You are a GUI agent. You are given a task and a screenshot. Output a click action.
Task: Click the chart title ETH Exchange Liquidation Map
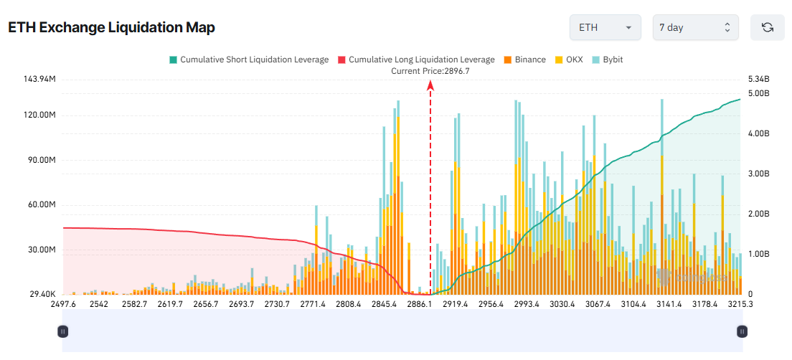111,27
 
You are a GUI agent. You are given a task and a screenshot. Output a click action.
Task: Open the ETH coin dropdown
605,27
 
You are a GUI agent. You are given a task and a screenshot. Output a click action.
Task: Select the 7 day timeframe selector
695,27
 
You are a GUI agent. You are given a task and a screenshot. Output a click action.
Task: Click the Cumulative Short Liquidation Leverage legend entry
248,60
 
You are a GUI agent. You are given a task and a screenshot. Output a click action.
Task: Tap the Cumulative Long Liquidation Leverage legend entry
415,60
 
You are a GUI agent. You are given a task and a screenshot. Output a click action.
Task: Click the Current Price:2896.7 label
430,71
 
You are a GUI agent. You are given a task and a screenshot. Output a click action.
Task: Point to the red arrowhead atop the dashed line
430,85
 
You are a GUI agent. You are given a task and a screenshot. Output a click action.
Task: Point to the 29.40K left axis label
40,295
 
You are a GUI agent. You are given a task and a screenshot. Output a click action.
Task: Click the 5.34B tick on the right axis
758,79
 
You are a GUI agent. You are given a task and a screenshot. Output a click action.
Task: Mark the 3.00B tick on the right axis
758,174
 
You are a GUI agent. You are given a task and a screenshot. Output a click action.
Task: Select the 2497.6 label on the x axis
63,305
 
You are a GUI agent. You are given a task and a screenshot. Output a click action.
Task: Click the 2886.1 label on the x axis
420,305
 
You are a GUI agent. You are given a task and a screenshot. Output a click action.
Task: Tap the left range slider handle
62,331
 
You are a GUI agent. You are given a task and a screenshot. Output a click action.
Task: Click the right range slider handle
742,331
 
